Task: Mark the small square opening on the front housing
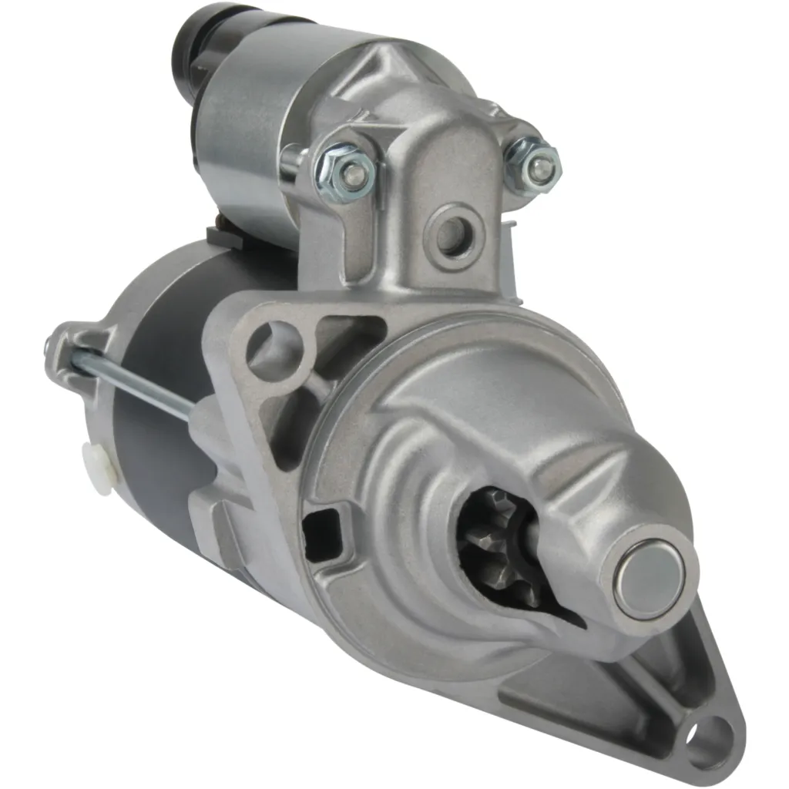[x=323, y=529]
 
